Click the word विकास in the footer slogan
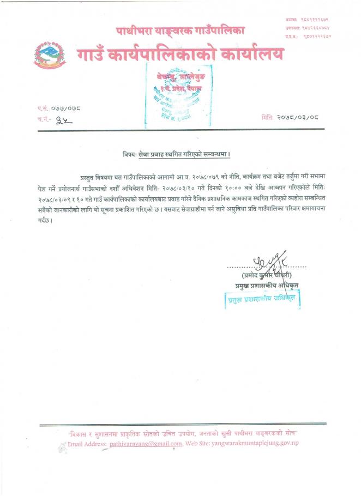(x=78, y=434)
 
